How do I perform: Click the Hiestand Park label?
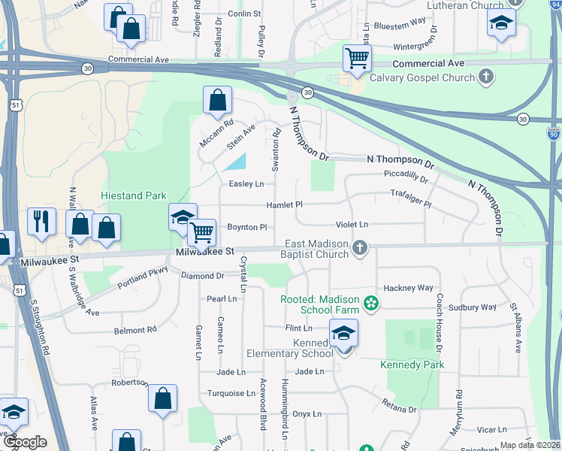(x=134, y=195)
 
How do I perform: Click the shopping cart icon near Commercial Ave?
(x=357, y=58)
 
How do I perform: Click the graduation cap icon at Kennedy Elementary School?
(x=343, y=333)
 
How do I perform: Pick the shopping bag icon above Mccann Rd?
(x=217, y=100)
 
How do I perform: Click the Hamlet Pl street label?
(x=284, y=205)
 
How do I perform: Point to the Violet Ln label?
(x=352, y=225)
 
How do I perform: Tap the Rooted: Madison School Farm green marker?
(x=370, y=304)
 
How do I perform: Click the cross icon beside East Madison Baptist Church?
(x=360, y=247)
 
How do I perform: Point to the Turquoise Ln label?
(x=231, y=393)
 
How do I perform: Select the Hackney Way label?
(x=409, y=288)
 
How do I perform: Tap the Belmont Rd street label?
(x=135, y=330)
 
